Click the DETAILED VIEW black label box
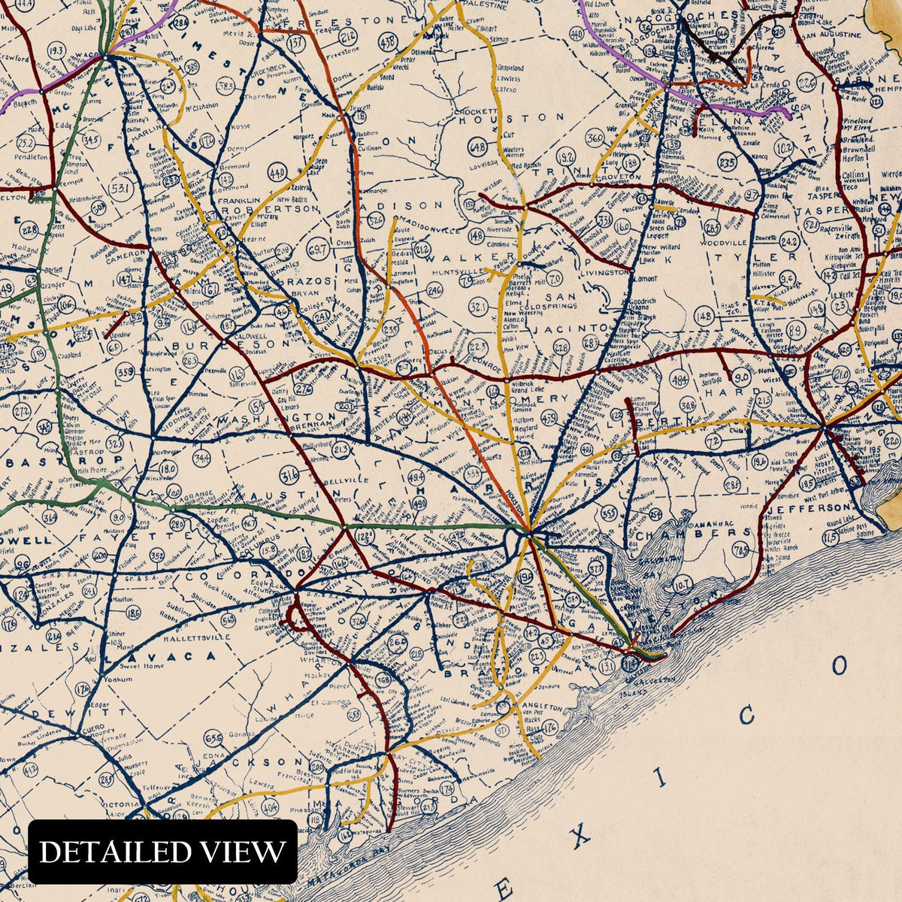pyautogui.click(x=162, y=852)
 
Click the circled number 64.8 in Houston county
pyautogui.click(x=477, y=147)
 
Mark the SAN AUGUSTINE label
pyautogui.click(x=829, y=35)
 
